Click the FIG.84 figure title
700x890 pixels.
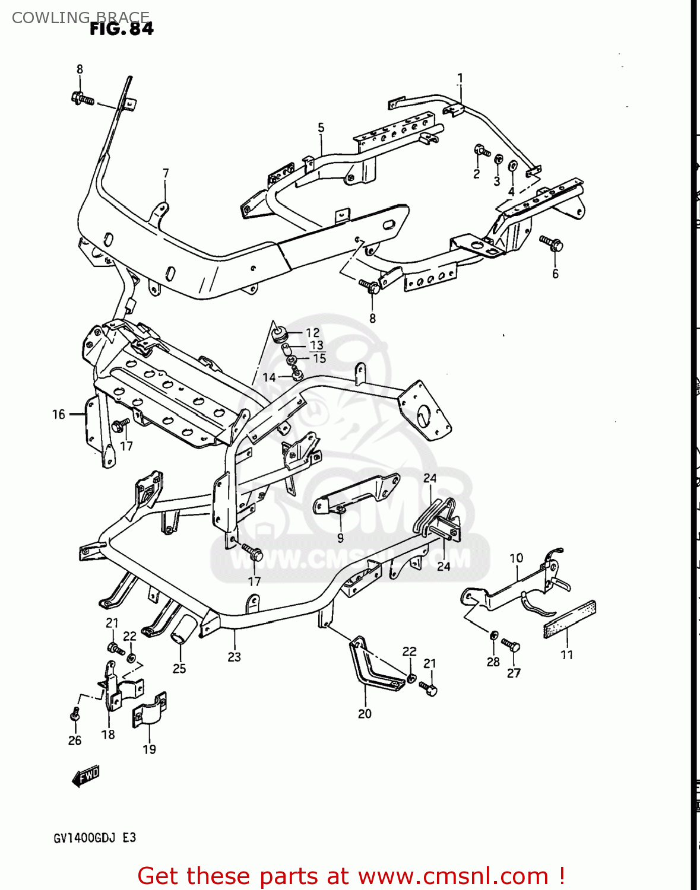(122, 28)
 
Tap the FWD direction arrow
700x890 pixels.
(85, 775)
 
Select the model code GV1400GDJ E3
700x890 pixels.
(95, 838)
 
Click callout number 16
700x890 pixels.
(58, 414)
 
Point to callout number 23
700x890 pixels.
(234, 657)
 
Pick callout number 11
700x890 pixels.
(566, 655)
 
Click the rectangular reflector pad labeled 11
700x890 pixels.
(569, 619)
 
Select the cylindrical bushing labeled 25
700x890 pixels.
(184, 629)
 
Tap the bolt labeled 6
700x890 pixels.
(552, 243)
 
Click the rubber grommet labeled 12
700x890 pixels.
(279, 333)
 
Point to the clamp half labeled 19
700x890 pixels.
(149, 709)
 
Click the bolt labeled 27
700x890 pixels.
(511, 645)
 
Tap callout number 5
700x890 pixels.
(321, 128)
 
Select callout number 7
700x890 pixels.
(166, 173)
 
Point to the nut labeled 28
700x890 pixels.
(493, 635)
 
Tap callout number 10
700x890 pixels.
(516, 558)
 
